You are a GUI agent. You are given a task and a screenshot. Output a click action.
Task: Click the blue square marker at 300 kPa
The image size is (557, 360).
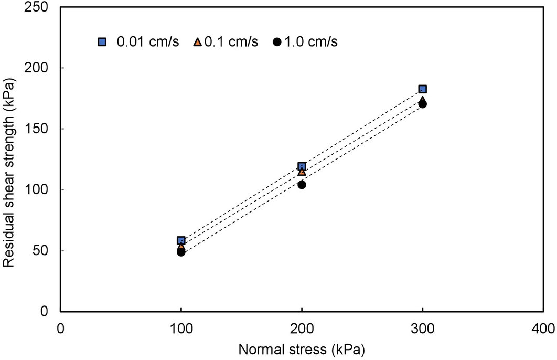pyautogui.click(x=422, y=89)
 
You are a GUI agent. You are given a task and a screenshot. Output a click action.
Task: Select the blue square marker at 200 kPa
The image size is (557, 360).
pyautogui.click(x=302, y=166)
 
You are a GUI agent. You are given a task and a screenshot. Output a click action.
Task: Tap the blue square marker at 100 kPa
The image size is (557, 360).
pyautogui.click(x=181, y=240)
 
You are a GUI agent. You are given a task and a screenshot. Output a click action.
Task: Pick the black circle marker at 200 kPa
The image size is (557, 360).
pyautogui.click(x=302, y=185)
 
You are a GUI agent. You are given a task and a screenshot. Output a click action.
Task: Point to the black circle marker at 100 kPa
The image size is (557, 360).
pyautogui.click(x=181, y=252)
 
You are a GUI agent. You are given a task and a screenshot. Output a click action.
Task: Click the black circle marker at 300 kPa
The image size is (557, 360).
pyautogui.click(x=422, y=104)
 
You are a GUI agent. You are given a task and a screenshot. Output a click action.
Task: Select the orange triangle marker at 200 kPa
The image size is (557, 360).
pyautogui.click(x=302, y=172)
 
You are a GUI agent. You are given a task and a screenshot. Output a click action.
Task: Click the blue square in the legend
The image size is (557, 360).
pyautogui.click(x=102, y=41)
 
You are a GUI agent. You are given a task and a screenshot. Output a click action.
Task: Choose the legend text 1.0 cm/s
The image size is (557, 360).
pyautogui.click(x=310, y=42)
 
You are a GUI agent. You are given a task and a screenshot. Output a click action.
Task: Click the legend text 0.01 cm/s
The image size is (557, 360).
pyautogui.click(x=147, y=42)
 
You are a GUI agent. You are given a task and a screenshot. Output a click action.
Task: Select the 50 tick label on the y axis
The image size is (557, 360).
pyautogui.click(x=47, y=251)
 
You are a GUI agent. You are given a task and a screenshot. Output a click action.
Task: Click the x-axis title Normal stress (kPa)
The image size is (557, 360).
pyautogui.click(x=301, y=348)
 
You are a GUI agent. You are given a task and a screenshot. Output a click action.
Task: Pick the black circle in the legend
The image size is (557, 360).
pyautogui.click(x=277, y=42)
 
